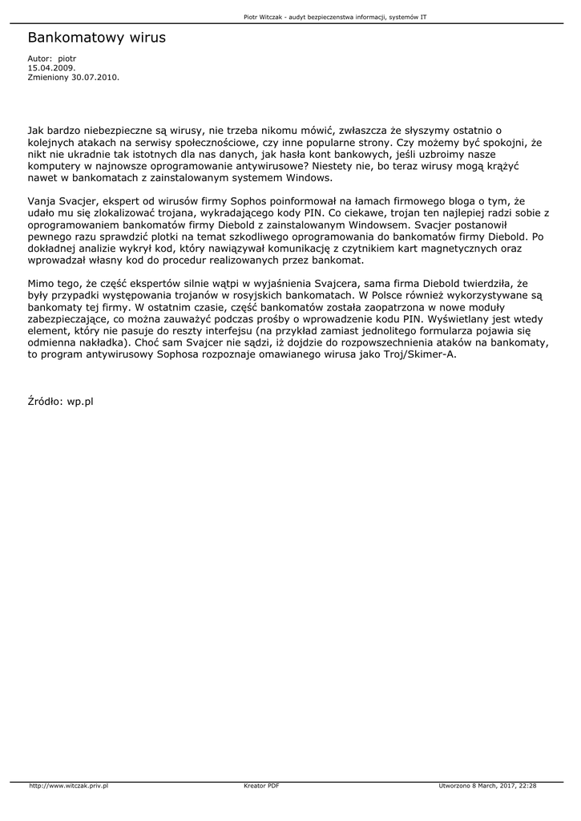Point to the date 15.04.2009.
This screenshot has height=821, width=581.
[x=46, y=68]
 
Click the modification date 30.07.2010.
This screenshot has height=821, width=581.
[x=95, y=78]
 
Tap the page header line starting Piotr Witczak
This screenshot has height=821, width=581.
[x=334, y=15]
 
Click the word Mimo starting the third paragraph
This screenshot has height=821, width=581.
[x=42, y=284]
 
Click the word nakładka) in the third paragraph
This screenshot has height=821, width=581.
[x=100, y=343]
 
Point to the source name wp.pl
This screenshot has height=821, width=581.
[x=80, y=401]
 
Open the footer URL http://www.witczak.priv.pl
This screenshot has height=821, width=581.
[x=69, y=786]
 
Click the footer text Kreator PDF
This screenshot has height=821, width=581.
[x=261, y=786]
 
